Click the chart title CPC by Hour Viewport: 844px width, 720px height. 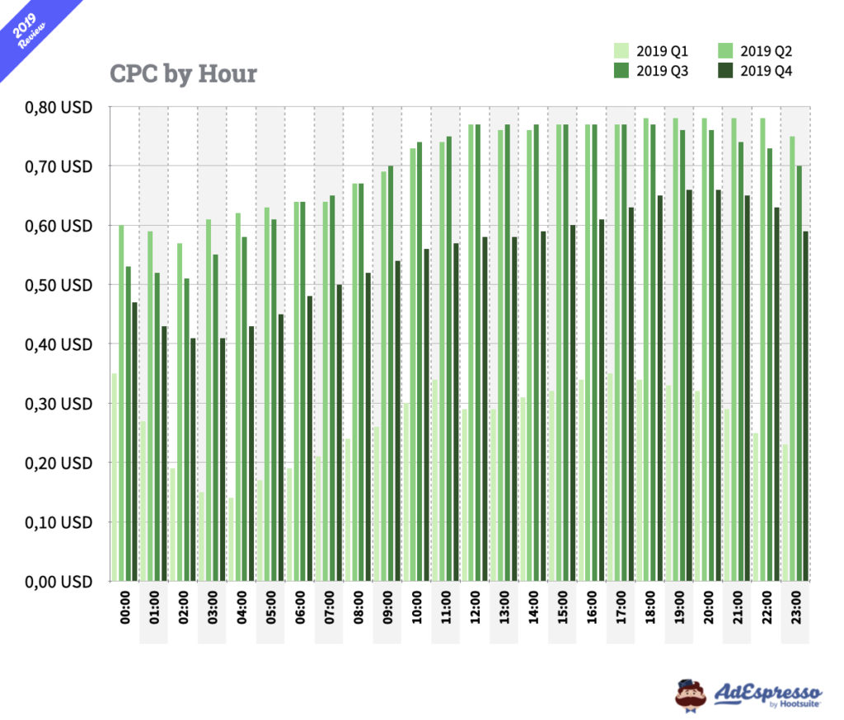183,74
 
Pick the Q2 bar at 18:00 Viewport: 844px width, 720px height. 645,350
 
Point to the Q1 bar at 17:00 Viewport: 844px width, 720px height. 610,478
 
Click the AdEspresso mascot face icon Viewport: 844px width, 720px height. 691,694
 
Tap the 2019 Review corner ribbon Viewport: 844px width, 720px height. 33,30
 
